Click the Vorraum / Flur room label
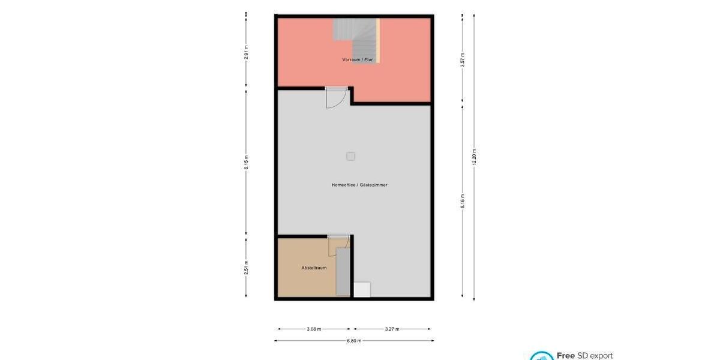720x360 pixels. point(358,60)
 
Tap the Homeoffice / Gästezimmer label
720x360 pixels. point(359,185)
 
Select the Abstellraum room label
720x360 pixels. point(314,268)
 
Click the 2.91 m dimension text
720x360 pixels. point(246,53)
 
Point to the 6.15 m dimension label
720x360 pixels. point(246,162)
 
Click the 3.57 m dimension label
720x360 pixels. point(463,60)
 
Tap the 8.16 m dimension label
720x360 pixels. point(463,201)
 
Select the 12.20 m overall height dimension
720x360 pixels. point(475,157)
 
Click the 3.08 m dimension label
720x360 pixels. point(314,329)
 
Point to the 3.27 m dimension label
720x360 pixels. point(392,329)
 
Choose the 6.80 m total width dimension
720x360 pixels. point(354,341)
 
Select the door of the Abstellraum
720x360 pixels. point(338,243)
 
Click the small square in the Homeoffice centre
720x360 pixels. point(350,157)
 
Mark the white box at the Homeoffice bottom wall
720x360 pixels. point(362,289)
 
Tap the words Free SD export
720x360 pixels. point(584,356)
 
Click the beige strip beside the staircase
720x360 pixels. point(378,40)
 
